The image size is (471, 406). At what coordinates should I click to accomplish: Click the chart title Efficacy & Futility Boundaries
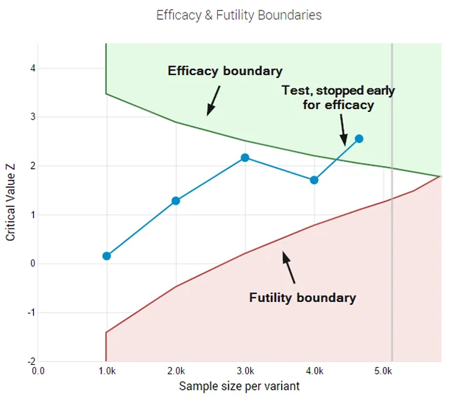238,15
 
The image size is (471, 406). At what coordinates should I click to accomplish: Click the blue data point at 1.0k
107,256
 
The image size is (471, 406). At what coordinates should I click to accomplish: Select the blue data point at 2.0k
176,200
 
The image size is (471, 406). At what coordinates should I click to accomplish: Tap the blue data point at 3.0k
245,158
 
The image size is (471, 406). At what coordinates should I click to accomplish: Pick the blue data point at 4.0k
314,180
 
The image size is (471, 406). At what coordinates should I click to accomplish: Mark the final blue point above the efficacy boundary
359,139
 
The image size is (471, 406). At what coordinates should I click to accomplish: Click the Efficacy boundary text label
225,71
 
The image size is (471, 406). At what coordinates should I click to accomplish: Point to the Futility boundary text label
302,298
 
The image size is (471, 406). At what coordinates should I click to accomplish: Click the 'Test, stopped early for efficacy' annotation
339,97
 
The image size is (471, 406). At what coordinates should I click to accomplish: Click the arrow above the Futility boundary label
290,267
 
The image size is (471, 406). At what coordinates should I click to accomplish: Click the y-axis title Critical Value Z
11,203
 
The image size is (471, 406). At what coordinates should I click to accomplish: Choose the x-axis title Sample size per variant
238,386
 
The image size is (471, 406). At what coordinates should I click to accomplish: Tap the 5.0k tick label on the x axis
383,371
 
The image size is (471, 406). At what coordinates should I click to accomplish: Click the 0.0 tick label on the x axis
38,371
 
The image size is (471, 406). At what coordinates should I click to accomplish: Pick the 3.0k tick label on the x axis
245,371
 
